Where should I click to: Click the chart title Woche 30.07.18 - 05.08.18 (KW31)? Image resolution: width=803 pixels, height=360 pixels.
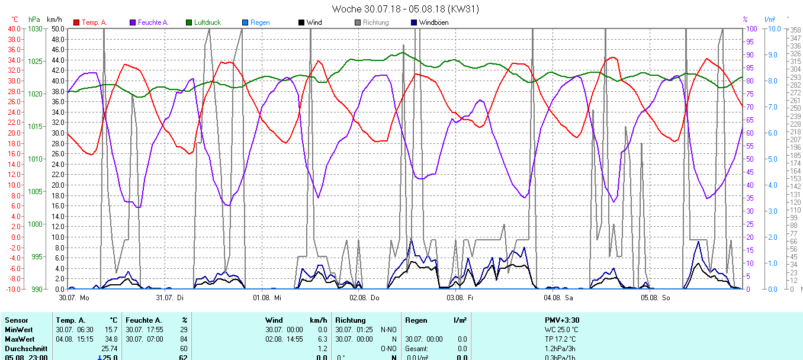(x=405, y=9)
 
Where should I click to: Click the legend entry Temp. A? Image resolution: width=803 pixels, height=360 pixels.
(x=94, y=22)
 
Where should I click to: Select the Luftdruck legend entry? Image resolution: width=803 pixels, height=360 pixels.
(x=207, y=22)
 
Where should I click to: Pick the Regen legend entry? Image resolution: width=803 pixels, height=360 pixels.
(x=259, y=22)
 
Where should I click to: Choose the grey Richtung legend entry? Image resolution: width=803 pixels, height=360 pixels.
(x=375, y=22)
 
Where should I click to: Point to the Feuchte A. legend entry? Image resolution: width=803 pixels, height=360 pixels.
(x=153, y=22)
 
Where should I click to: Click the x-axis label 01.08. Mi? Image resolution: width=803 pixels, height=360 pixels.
(x=266, y=297)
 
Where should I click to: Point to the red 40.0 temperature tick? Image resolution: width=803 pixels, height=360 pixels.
(x=14, y=29)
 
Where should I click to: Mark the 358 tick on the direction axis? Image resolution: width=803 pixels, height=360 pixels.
(x=795, y=30)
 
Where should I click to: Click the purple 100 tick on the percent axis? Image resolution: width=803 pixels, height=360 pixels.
(x=751, y=29)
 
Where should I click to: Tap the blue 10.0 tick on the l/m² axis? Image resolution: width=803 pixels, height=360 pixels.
(x=771, y=29)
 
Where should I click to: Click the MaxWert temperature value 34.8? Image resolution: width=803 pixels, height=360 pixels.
(x=110, y=339)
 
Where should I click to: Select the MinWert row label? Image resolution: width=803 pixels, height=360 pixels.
(x=18, y=329)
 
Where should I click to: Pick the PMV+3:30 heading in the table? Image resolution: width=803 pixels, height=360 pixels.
(x=562, y=320)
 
